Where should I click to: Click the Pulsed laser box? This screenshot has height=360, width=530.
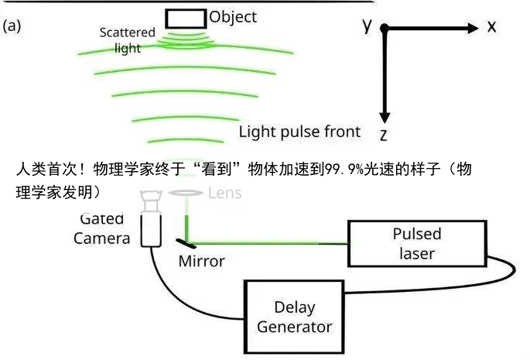tap(416, 244)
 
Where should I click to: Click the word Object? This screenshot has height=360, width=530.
tap(233, 16)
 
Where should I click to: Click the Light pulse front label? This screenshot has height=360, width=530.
tap(299, 132)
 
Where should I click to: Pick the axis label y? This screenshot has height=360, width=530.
tap(367, 25)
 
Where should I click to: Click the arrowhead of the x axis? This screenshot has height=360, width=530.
tap(474, 28)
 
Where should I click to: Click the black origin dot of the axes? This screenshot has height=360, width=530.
tap(384, 29)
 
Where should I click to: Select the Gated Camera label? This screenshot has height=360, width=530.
tap(101, 229)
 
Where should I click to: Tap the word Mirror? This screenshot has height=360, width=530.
tap(201, 261)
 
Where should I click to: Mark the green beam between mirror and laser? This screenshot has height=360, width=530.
tap(271, 242)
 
